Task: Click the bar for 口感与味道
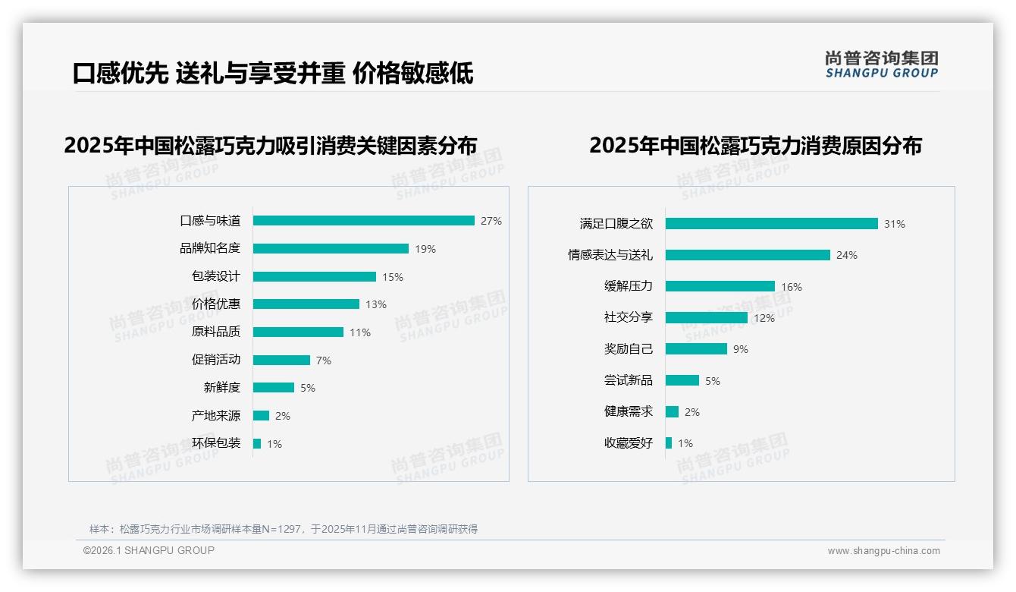pos(363,221)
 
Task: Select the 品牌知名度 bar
pos(331,249)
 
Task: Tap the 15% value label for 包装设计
pos(393,277)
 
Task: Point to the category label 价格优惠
pos(216,304)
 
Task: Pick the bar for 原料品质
pos(298,332)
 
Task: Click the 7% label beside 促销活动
pos(324,361)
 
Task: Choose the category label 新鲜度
pos(222,388)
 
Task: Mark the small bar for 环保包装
pos(257,443)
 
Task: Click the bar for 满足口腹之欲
pos(771,224)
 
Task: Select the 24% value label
pos(846,255)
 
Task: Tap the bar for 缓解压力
pos(720,286)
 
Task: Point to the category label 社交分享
pos(628,318)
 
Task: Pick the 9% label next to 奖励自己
pos(741,349)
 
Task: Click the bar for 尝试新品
pos(682,380)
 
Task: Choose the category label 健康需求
pos(628,411)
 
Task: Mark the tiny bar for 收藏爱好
pos(669,443)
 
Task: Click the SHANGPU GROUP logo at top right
pos(881,65)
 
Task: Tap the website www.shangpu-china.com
pos(883,551)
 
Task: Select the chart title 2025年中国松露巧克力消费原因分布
pos(755,146)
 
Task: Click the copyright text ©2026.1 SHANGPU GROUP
pos(149,550)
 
